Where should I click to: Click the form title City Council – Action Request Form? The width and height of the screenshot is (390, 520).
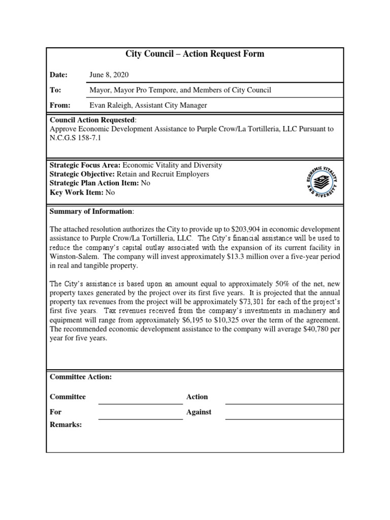[194, 54]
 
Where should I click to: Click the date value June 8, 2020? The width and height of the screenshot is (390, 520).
[109, 75]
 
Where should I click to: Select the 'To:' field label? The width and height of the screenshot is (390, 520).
[55, 90]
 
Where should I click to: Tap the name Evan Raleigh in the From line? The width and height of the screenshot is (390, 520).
[110, 105]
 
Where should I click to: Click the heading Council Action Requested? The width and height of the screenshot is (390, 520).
[92, 120]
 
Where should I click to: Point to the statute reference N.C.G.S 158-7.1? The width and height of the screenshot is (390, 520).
[76, 138]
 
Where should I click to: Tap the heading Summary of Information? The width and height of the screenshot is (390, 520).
[91, 211]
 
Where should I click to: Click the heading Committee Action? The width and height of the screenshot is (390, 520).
[80, 377]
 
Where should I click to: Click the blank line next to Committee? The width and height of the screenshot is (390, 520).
[140, 403]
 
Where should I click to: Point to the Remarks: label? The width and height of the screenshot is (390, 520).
[66, 425]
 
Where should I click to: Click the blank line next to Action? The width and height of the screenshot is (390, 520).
[284, 403]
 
